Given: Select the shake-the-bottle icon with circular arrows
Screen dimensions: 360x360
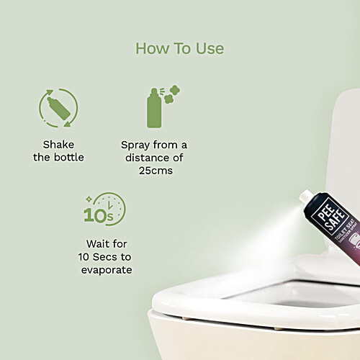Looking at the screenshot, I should pyautogui.click(x=58, y=107).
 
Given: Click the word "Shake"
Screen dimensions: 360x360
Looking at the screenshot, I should pyautogui.click(x=58, y=144).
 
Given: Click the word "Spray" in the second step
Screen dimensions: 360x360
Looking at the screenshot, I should pyautogui.click(x=136, y=144).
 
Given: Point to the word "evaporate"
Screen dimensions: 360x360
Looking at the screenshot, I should pyautogui.click(x=107, y=270).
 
